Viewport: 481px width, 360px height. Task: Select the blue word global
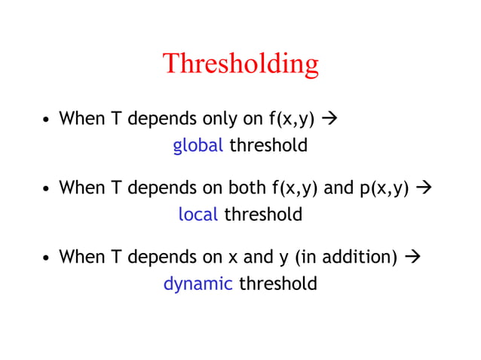[198, 145]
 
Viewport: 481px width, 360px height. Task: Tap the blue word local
[198, 215]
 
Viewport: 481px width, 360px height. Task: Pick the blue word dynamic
[198, 284]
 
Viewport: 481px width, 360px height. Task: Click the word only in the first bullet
[240, 119]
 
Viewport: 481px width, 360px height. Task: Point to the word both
[246, 188]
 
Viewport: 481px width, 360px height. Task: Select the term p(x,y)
[384, 188]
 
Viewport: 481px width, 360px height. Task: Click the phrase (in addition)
[346, 258]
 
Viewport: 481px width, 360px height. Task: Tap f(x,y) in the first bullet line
[291, 119]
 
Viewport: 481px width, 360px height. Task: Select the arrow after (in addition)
[411, 257]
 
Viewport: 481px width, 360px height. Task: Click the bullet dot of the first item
[46, 120]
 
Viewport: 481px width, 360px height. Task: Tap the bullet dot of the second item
[46, 189]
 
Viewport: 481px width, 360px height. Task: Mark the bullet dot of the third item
[46, 258]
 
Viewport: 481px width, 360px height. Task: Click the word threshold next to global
[268, 145]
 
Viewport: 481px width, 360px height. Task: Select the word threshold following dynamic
[277, 284]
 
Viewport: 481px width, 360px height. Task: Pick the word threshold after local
[263, 215]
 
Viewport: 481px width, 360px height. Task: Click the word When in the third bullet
[81, 257]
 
